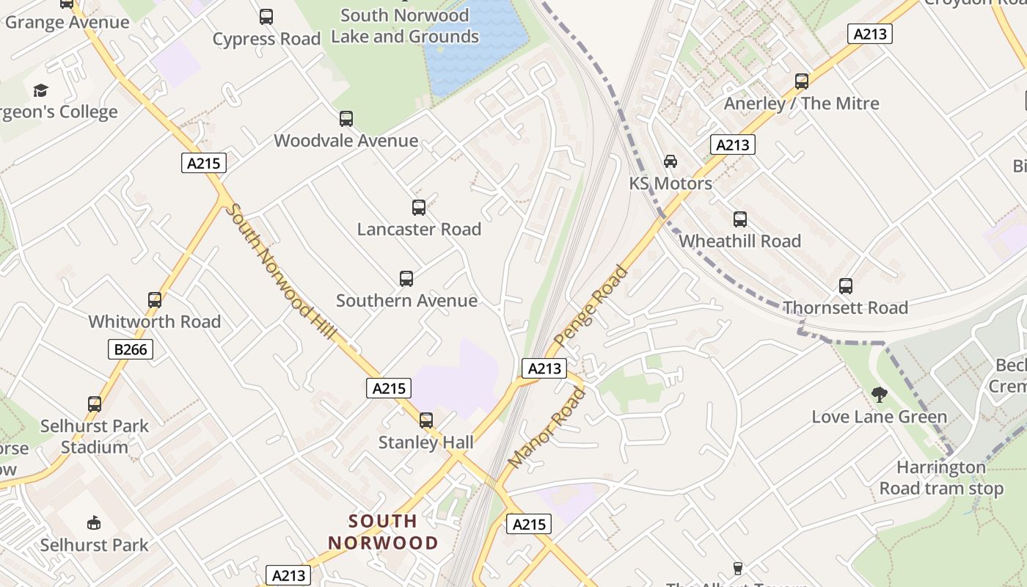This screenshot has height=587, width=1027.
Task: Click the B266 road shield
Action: click(131, 349)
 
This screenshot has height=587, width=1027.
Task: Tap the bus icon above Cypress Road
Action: click(266, 16)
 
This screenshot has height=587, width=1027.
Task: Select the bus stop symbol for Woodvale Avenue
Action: click(346, 118)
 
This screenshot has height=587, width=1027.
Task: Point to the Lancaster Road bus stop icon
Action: click(419, 208)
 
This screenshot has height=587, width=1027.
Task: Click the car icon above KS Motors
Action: click(670, 161)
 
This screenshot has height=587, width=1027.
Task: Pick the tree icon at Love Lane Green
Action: click(879, 395)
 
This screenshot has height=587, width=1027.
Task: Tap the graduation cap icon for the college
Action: click(40, 90)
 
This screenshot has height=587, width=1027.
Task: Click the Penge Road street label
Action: click(591, 306)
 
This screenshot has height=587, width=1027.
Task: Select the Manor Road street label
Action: click(547, 429)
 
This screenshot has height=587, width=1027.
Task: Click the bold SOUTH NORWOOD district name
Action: click(383, 532)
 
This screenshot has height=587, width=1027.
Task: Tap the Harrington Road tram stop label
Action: click(941, 478)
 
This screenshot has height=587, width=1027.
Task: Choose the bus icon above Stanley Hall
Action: click(426, 420)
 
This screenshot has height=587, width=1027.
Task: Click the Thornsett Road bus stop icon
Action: click(846, 286)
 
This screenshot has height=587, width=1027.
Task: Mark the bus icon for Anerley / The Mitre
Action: click(802, 81)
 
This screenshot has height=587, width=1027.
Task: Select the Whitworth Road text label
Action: click(155, 321)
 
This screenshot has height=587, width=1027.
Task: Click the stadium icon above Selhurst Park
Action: click(94, 522)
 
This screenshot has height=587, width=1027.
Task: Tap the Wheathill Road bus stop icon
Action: click(740, 219)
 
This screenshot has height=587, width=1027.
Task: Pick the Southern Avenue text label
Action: click(406, 300)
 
